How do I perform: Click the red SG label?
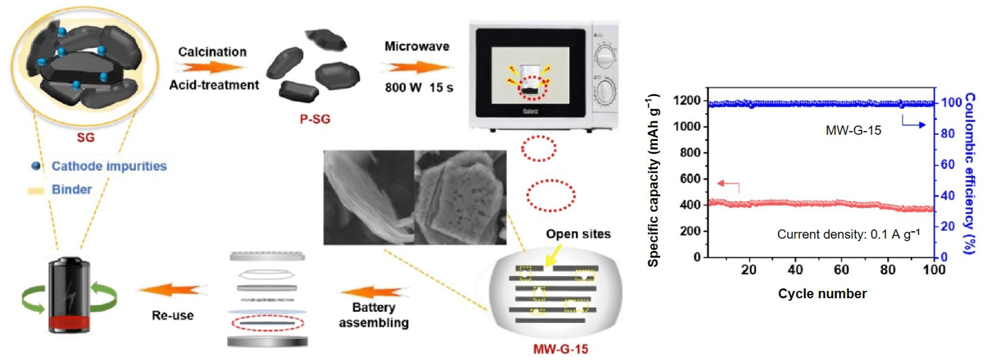(85, 137)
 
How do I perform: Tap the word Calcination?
(212, 52)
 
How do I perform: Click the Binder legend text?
(72, 189)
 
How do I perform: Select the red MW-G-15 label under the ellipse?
(560, 349)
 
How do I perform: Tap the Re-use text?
(173, 315)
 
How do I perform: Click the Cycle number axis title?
(822, 293)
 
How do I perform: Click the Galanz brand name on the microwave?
(530, 111)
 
